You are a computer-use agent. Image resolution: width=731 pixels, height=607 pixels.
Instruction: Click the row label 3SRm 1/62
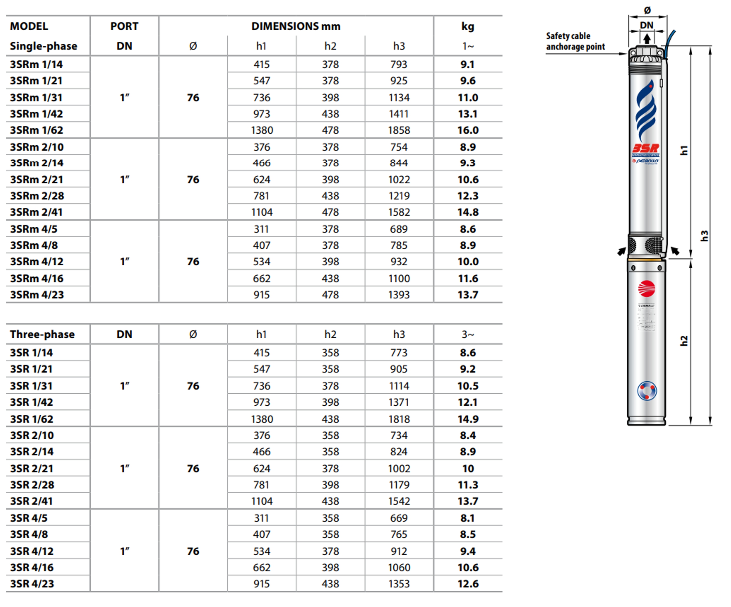click(37, 130)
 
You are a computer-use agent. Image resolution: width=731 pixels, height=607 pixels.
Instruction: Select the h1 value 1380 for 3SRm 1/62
click(262, 130)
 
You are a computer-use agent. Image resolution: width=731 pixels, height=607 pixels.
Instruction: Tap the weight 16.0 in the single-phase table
click(468, 130)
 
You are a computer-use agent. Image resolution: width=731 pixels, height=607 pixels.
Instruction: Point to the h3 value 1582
click(399, 212)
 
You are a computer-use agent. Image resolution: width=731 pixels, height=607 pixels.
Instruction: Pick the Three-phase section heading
click(42, 334)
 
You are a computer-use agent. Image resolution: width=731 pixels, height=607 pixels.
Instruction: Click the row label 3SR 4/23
click(32, 584)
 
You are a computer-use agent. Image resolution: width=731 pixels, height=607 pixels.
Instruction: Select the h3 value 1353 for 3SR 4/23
click(399, 584)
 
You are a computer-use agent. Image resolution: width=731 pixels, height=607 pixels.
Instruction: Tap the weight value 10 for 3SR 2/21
click(468, 469)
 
